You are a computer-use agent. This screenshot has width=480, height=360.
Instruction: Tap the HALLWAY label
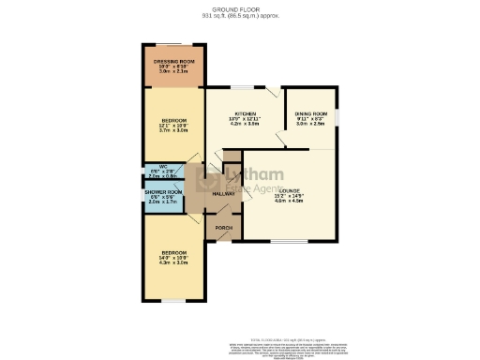[222, 193]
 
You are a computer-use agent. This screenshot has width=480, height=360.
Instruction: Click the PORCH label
[224, 228]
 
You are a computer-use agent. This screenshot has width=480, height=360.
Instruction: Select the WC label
[163, 167]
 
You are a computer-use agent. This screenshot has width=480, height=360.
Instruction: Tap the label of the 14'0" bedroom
[174, 253]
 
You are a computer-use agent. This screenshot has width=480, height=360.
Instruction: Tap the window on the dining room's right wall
[337, 118]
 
